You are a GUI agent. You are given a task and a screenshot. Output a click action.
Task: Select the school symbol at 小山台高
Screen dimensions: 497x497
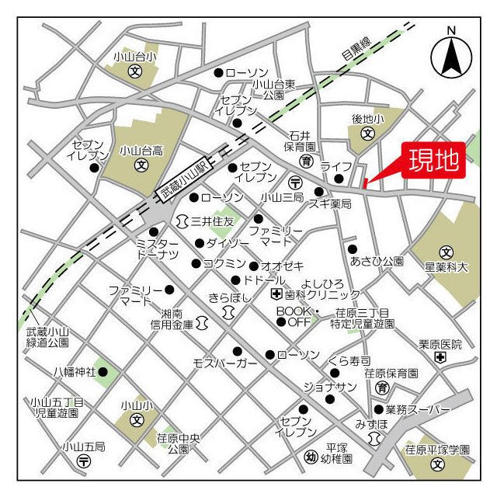(141, 164)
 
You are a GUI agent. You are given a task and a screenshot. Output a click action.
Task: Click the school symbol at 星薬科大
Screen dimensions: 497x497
(447, 252)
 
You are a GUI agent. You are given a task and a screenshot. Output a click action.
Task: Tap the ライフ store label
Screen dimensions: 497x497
(342, 167)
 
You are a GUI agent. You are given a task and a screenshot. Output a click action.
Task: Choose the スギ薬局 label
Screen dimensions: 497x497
(330, 203)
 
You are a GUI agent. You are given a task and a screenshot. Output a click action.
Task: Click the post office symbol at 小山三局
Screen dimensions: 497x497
(295, 182)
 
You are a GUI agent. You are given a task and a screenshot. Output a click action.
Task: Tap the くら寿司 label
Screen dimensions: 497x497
(349, 361)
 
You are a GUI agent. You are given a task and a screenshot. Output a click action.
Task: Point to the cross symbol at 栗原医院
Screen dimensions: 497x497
(440, 357)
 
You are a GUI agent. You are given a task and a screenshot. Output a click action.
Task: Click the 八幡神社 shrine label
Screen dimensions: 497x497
(75, 372)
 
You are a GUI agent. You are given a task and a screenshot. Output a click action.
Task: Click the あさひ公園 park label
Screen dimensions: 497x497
(377, 261)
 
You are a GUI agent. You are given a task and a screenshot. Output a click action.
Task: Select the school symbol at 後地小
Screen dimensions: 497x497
(367, 134)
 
